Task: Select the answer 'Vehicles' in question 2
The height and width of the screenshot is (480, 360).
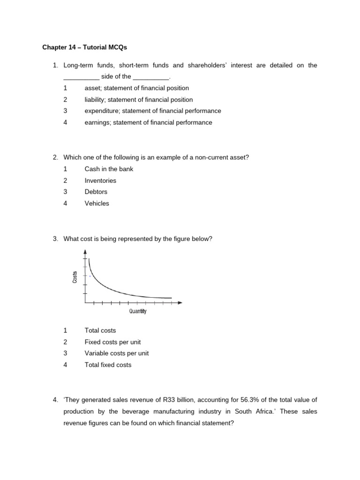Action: [x=97, y=203]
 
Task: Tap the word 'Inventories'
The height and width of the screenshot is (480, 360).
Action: [x=100, y=180]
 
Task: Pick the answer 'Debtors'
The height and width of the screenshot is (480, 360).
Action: [x=96, y=192]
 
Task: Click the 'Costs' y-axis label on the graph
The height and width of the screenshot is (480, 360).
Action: [x=75, y=277]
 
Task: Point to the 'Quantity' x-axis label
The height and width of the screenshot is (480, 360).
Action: [x=138, y=311]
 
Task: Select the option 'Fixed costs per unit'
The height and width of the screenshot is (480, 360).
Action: [x=112, y=342]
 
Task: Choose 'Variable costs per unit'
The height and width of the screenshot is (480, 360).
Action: [x=116, y=353]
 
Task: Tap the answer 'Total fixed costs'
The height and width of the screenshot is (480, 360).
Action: [x=108, y=365]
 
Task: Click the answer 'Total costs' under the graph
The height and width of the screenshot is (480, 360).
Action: [x=100, y=330]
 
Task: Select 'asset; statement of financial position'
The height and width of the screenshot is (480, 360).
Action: [x=136, y=88]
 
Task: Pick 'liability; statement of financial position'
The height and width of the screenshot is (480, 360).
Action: [x=138, y=99]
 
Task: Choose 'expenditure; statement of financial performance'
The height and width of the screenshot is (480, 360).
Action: [x=152, y=111]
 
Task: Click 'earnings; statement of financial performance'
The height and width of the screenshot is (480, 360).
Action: [x=148, y=122]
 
